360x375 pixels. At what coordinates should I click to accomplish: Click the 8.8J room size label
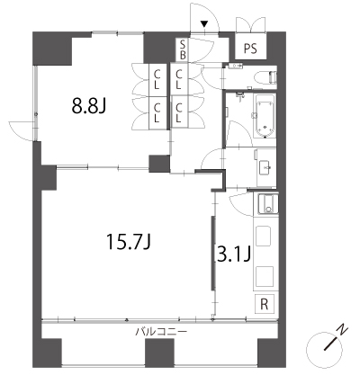click(x=89, y=105)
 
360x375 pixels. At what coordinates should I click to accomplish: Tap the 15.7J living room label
click(x=129, y=242)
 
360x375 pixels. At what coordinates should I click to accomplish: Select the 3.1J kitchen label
click(x=234, y=254)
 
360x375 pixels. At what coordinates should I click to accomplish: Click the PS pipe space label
click(x=250, y=49)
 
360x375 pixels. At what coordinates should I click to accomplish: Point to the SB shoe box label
click(x=183, y=49)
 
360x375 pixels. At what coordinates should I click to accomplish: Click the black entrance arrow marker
click(x=204, y=24)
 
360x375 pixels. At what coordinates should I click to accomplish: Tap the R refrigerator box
click(x=265, y=304)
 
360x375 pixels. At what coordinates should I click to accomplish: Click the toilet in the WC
click(x=265, y=77)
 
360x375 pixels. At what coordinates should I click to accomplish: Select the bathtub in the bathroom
click(x=265, y=116)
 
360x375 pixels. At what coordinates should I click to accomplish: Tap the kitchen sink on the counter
click(x=268, y=204)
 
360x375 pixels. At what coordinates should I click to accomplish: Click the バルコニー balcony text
click(x=162, y=332)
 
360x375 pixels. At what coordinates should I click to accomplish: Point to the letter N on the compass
click(x=342, y=329)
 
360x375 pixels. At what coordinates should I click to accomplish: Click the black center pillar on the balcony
click(x=159, y=353)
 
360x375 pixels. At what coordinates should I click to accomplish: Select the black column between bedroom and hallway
click(x=159, y=164)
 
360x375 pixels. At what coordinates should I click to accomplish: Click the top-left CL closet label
click(x=157, y=79)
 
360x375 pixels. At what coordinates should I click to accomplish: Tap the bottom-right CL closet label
click(x=178, y=112)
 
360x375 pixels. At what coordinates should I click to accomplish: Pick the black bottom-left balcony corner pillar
click(x=47, y=353)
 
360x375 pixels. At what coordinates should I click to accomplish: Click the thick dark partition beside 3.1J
click(x=213, y=254)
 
